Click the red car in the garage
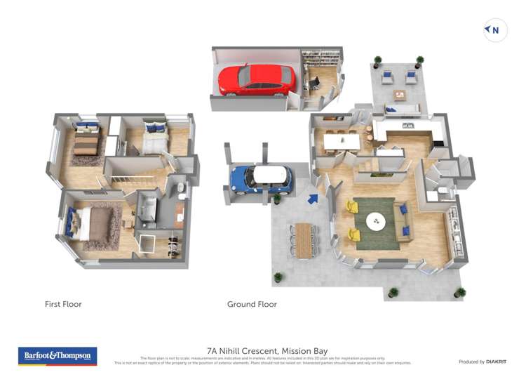[256, 79]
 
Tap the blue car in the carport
[260, 179]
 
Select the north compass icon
[495, 29]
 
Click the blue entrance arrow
[313, 199]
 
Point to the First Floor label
[63, 305]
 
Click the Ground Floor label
[252, 305]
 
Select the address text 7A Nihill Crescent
[267, 351]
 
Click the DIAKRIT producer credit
[482, 362]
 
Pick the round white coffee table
[375, 221]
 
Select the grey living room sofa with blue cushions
[403, 219]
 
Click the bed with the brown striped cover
[86, 143]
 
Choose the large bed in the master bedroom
[96, 224]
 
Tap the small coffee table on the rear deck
[400, 94]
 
